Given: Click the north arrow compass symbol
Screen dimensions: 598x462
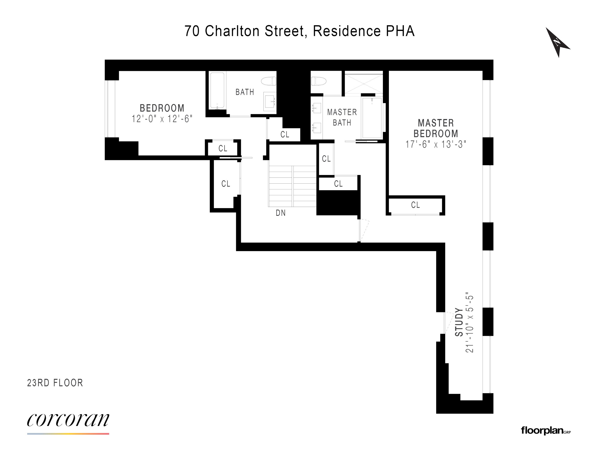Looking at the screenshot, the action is tap(557, 42).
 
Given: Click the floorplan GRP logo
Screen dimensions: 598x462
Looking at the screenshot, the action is tap(545, 431).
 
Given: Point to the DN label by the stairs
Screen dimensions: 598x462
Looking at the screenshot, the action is tap(281, 213).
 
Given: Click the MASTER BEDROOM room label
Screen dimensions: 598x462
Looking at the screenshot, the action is tap(436, 128).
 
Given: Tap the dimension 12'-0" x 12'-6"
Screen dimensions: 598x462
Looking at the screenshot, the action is tap(162, 119).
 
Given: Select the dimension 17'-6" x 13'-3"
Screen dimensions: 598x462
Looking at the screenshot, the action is tap(436, 144).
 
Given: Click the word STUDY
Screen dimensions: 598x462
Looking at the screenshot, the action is tap(459, 322).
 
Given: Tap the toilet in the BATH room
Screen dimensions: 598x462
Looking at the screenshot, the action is tap(269, 81).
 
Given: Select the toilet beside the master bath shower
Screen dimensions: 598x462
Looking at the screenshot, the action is tap(319, 81).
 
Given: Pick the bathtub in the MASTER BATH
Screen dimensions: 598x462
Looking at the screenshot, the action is tap(372, 118).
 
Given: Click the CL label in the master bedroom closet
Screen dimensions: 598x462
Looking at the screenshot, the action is tap(415, 205).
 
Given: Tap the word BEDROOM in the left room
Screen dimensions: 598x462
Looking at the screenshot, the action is tap(162, 108).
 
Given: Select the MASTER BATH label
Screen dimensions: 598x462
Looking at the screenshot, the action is tap(342, 117).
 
